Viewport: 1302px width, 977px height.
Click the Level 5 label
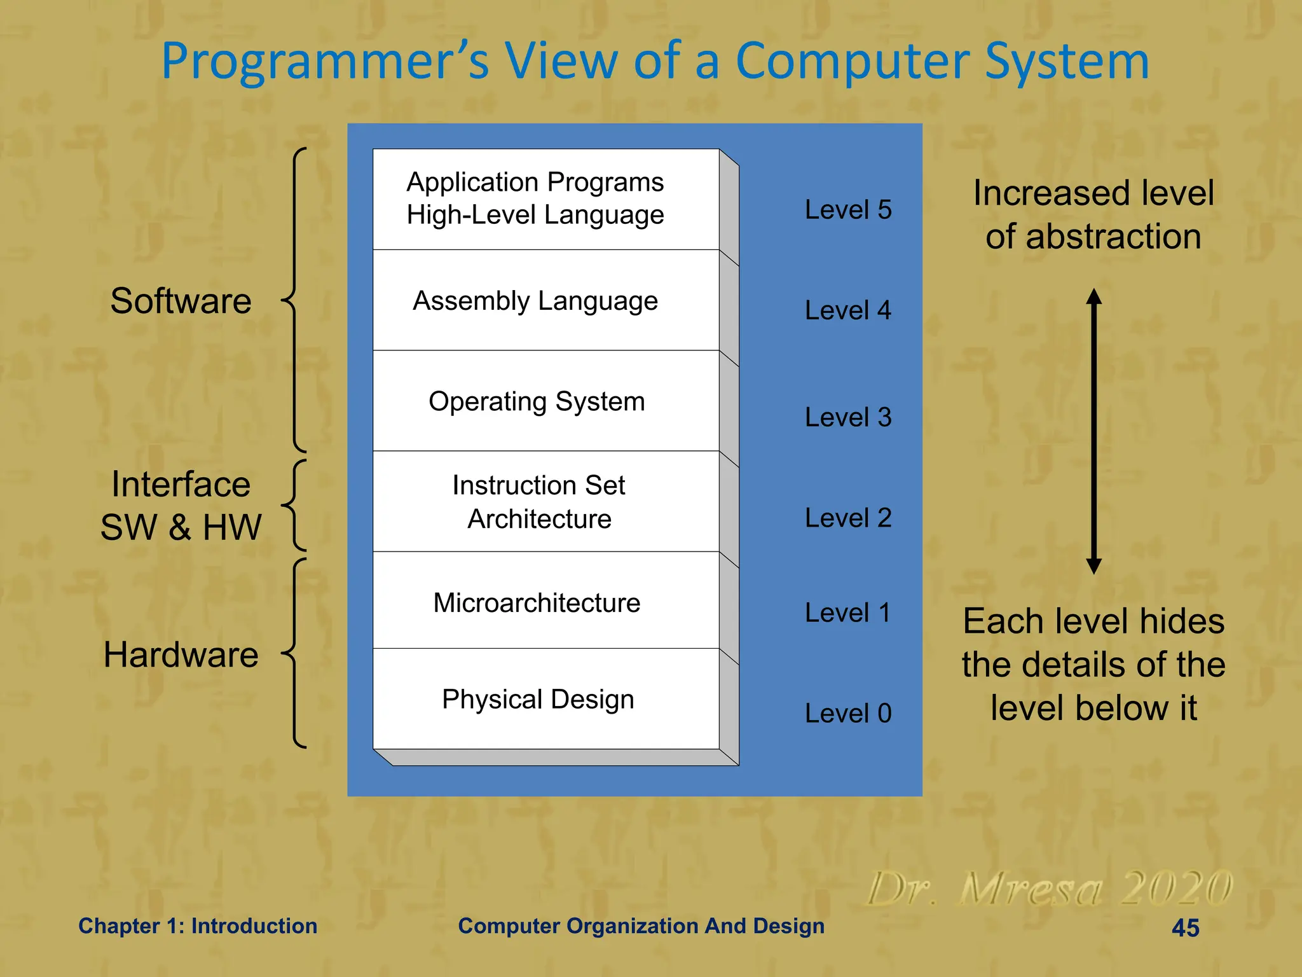point(847,210)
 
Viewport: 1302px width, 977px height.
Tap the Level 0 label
point(847,713)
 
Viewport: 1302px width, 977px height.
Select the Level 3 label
point(847,417)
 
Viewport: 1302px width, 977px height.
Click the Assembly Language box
point(545,300)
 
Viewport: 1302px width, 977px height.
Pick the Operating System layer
point(545,401)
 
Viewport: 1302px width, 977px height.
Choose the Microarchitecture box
point(545,602)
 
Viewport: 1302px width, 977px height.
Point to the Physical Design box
point(545,699)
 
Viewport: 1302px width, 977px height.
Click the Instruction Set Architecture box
point(545,502)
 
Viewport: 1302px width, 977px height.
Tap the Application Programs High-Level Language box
point(545,199)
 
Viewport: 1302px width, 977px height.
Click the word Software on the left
point(181,301)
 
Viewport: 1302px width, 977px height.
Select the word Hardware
point(181,655)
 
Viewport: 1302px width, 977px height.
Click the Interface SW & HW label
point(181,506)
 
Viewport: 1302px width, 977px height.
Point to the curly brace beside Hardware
point(295,653)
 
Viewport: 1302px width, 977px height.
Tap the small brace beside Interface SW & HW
point(295,506)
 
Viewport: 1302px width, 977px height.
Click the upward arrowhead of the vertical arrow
point(1093,296)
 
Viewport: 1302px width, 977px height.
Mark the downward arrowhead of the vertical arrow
point(1093,566)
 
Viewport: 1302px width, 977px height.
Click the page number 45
point(1185,928)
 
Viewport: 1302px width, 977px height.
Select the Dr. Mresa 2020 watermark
point(1049,889)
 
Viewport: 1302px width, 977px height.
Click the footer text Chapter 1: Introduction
point(198,926)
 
